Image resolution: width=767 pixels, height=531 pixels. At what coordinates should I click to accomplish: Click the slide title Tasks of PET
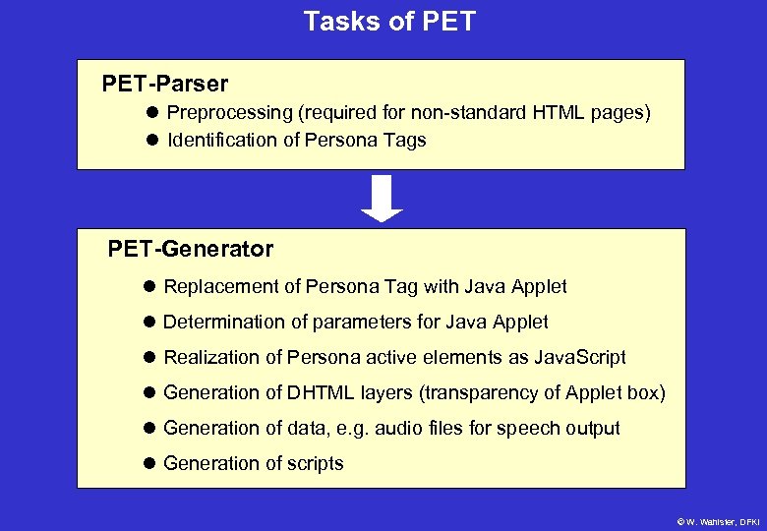click(x=388, y=22)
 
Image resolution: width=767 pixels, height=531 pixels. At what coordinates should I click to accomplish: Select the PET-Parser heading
click(x=164, y=84)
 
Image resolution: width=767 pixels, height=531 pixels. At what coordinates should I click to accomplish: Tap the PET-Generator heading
click(x=190, y=249)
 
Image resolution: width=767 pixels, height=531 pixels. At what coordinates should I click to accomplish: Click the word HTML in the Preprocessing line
click(x=559, y=113)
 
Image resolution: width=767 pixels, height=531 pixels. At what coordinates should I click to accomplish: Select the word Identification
click(x=222, y=140)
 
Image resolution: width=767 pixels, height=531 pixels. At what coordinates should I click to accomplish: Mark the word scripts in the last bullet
click(x=314, y=463)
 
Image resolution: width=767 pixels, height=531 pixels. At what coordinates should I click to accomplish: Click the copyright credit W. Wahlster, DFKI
click(x=718, y=521)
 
